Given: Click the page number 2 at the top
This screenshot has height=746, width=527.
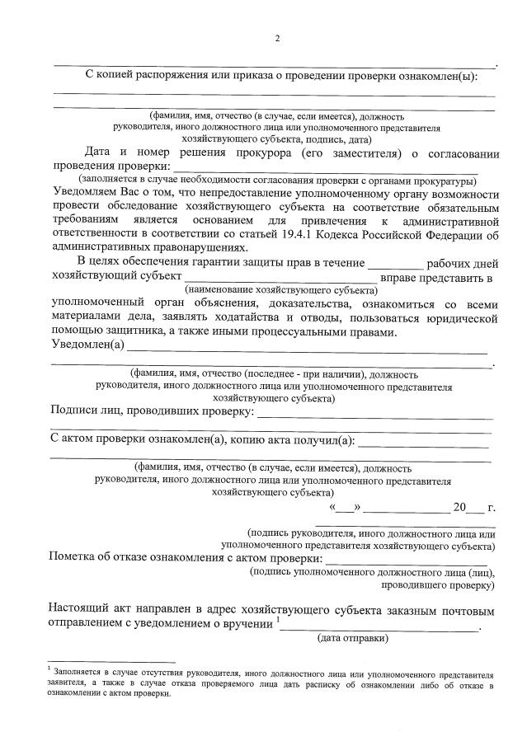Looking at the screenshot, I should pyautogui.click(x=278, y=38).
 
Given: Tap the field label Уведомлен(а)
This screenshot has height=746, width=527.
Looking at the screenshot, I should pyautogui.click(x=87, y=345).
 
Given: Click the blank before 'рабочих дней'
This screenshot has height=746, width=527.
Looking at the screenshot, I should pyautogui.click(x=395, y=264).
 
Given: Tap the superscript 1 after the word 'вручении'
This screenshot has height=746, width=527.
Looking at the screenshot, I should pyautogui.click(x=279, y=619).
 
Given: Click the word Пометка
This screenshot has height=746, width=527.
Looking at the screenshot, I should pyautogui.click(x=76, y=557).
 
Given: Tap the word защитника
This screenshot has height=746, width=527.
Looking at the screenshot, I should pyautogui.click(x=134, y=332).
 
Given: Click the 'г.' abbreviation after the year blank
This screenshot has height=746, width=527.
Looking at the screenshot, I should pyautogui.click(x=492, y=508).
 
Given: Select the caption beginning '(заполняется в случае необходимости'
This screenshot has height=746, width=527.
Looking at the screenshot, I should pyautogui.click(x=278, y=180).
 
